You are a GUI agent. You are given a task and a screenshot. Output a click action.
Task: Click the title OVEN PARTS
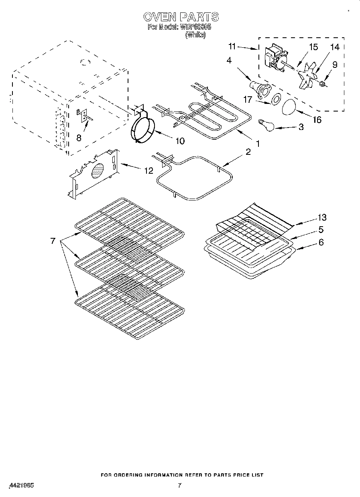click(181, 17)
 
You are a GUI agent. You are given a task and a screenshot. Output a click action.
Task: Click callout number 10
click(180, 141)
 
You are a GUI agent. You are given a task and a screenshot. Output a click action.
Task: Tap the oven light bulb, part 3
click(265, 124)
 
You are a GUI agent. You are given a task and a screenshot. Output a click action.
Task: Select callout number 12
click(148, 170)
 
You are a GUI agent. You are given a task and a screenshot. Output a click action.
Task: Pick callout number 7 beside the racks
click(53, 241)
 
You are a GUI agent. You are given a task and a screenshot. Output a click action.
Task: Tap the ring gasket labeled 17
click(276, 99)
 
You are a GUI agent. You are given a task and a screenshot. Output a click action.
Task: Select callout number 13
click(321, 217)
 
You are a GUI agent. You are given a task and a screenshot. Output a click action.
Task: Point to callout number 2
click(248, 152)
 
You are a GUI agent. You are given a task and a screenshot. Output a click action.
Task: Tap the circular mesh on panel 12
click(98, 171)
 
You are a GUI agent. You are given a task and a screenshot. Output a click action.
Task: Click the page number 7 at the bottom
click(179, 485)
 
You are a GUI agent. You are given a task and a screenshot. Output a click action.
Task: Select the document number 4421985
click(20, 485)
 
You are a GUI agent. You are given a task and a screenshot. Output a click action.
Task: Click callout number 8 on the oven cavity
click(79, 137)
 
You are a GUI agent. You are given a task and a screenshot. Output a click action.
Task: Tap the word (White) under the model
click(195, 35)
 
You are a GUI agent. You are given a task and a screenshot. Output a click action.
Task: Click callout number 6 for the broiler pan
click(321, 242)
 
